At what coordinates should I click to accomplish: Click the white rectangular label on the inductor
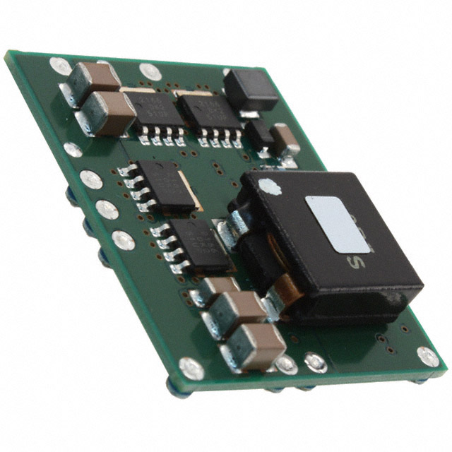(338, 224)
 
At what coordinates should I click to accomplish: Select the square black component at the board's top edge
(249, 90)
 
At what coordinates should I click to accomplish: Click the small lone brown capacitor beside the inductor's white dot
(286, 140)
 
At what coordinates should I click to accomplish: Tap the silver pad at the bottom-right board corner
(427, 357)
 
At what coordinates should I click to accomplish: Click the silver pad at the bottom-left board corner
(191, 369)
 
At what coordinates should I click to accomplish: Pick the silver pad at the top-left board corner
(60, 66)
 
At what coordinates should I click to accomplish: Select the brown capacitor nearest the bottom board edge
(253, 345)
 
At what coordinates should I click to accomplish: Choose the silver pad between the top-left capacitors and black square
(150, 71)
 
